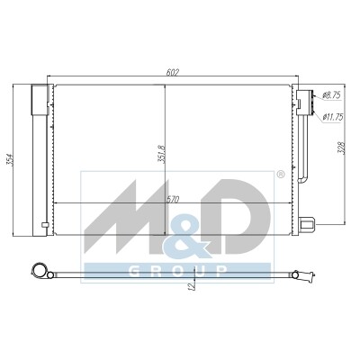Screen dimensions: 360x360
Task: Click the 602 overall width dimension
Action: click(x=173, y=72)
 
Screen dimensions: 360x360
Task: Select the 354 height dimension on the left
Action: click(x=9, y=159)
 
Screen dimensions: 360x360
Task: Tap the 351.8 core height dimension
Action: click(x=161, y=154)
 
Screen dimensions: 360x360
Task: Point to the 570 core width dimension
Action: click(x=174, y=200)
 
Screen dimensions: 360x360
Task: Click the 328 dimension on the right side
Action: click(x=342, y=148)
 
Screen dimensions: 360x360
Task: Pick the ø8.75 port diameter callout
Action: click(x=331, y=95)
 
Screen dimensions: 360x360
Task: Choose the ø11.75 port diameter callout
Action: click(x=333, y=117)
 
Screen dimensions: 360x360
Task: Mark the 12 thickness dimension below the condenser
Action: click(x=191, y=286)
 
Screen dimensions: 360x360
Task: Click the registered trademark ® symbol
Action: click(x=280, y=175)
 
